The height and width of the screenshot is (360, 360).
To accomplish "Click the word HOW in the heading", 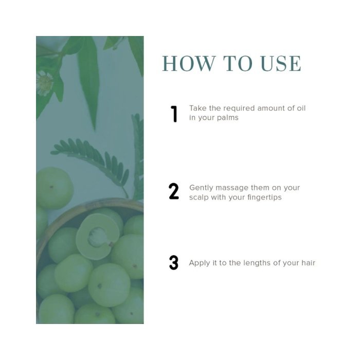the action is pos(189,63).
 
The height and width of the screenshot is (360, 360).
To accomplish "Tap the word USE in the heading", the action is pos(281,63).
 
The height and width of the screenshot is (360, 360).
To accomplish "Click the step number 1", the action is pos(174,114).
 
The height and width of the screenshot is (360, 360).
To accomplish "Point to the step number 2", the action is pos(174,191).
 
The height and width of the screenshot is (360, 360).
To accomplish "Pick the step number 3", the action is pos(174,262).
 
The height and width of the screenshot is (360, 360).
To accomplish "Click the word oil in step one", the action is pos(301,108).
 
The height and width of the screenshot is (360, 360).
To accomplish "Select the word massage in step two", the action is pos(231,188).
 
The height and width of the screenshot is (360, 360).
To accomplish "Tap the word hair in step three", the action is pos(308,263).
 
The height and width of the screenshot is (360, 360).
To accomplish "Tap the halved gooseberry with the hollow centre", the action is pos(99,236).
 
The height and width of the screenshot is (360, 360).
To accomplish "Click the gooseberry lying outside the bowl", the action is pos(55,188).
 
